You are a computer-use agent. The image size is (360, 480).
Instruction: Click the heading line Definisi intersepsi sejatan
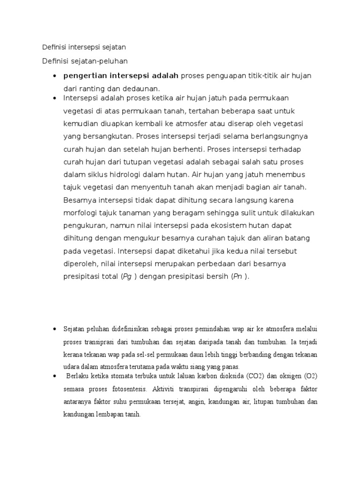click(x=84, y=47)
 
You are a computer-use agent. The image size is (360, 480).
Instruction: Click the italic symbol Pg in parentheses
click(x=126, y=277)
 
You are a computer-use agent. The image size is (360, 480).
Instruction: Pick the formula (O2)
click(x=309, y=376)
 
